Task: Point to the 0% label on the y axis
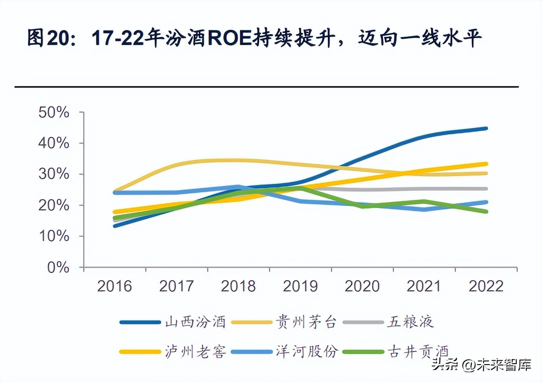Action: coord(58,267)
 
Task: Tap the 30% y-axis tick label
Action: coord(53,174)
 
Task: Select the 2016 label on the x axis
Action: coord(114,286)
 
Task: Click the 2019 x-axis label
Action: coord(300,286)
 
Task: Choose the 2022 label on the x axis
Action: coord(486,286)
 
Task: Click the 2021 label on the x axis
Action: coord(424,286)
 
